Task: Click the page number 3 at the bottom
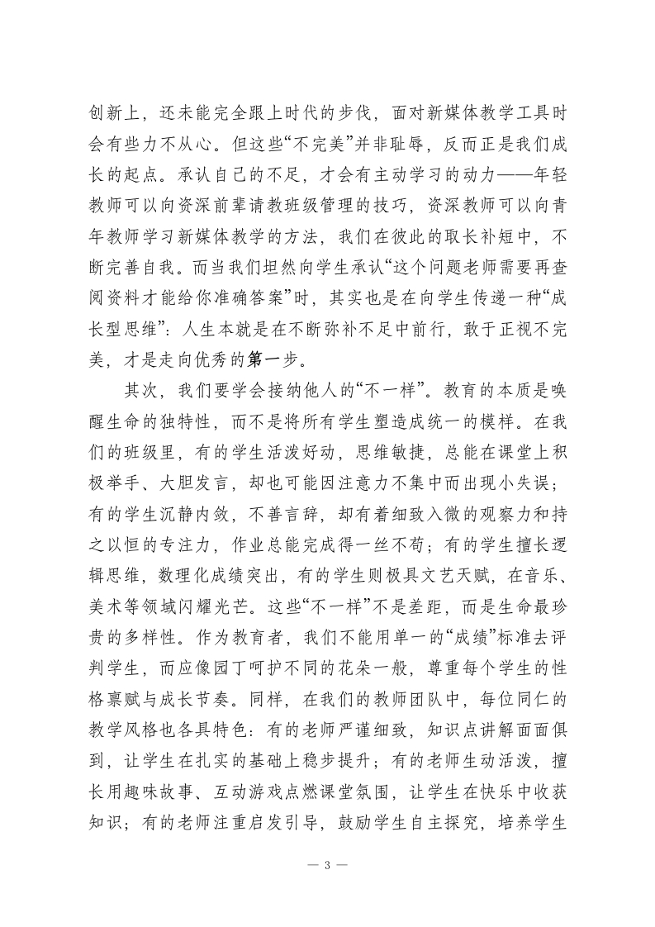pos(328,864)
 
